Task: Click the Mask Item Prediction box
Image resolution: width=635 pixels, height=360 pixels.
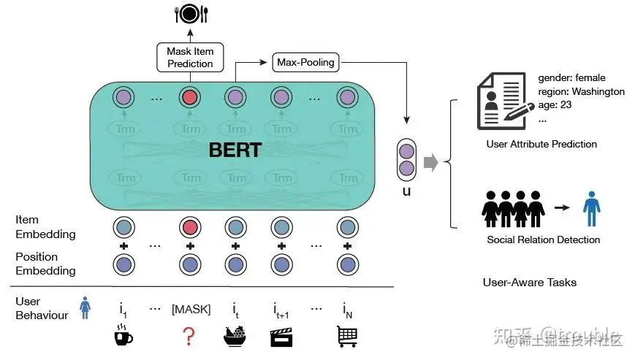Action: [x=190, y=57]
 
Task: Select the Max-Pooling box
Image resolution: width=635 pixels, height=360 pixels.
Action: [x=305, y=62]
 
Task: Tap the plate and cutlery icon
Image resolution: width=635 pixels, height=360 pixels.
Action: [x=190, y=12]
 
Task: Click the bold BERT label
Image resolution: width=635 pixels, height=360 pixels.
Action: [x=235, y=151]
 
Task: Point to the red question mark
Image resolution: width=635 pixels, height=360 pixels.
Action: [x=190, y=337]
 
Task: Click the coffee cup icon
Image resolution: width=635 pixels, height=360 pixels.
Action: [x=122, y=337]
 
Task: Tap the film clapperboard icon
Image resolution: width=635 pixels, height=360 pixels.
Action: [x=281, y=337]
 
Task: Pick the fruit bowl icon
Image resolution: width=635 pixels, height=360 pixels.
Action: [x=235, y=337]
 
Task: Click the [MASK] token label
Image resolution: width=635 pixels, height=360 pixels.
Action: [x=191, y=310]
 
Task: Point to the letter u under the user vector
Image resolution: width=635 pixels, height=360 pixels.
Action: [x=406, y=191]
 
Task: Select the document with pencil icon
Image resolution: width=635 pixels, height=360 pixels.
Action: [x=501, y=103]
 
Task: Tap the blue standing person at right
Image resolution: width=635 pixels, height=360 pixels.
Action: [x=590, y=207]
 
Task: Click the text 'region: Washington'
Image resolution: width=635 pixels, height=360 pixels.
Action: [x=581, y=92]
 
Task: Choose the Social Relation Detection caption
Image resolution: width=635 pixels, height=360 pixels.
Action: [x=543, y=240]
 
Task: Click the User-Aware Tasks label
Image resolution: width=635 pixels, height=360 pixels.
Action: [x=529, y=282]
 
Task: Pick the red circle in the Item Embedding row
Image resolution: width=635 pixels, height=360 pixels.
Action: [x=190, y=226]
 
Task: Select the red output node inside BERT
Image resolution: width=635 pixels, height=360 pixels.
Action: [x=190, y=97]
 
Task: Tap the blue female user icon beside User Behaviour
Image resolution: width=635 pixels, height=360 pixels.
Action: [x=85, y=308]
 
